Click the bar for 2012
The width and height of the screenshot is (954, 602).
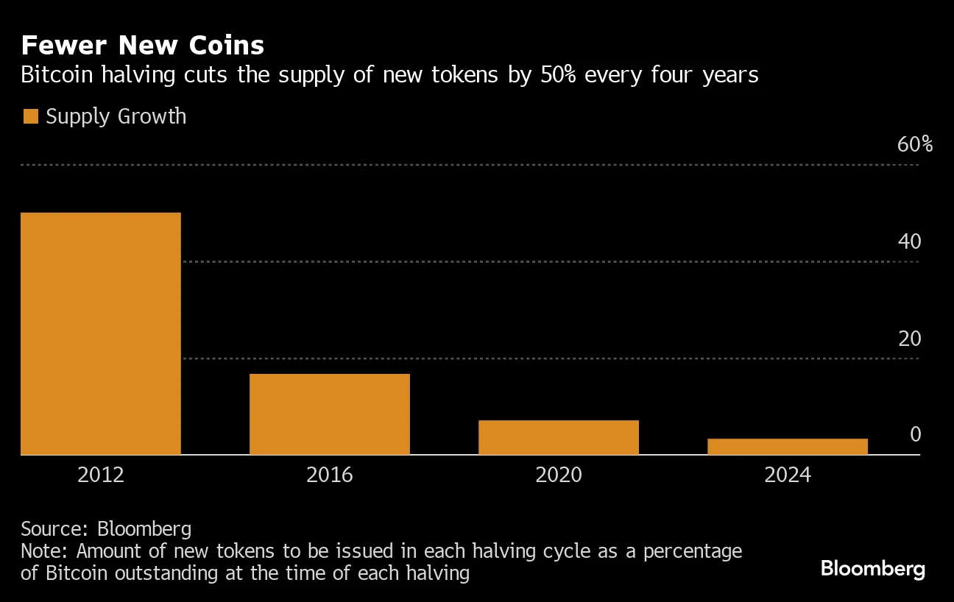[101, 333]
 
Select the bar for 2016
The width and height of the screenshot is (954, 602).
[330, 414]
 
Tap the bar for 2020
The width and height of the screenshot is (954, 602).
[559, 437]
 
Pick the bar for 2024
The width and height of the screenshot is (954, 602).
[788, 447]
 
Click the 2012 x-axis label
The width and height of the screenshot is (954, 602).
[101, 475]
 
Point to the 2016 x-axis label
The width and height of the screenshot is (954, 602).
[330, 475]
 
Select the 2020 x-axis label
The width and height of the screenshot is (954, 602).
[559, 475]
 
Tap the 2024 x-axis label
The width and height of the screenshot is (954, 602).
[788, 475]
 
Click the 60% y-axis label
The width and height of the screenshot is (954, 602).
[914, 144]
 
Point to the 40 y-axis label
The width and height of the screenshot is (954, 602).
[909, 241]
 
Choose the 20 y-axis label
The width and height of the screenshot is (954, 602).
[909, 339]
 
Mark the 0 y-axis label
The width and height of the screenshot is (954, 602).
[915, 435]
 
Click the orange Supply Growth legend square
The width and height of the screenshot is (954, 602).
[30, 116]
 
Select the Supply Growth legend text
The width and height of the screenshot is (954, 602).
[116, 116]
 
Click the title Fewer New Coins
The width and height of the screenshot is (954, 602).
[142, 46]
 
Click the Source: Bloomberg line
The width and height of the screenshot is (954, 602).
[106, 528]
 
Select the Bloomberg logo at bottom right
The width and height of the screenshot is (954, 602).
[872, 569]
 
